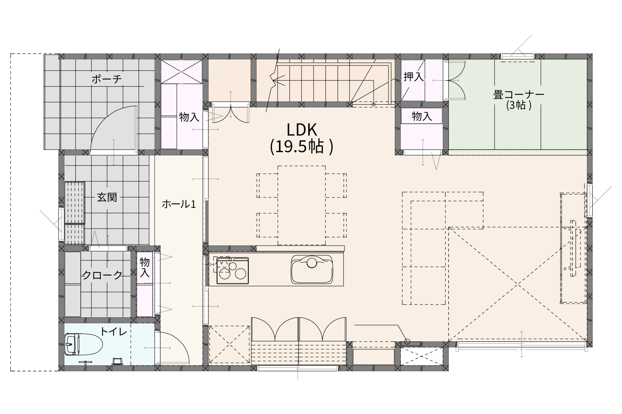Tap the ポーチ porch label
coord(106,79)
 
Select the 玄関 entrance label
coord(107,197)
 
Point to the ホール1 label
coord(179,204)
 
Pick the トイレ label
coord(114,332)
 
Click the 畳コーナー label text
coord(518,95)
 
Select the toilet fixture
coord(84,344)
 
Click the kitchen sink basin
coord(312,269)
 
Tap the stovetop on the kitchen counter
coord(232,271)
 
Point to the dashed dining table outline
coord(301,205)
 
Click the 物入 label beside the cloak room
coord(145,267)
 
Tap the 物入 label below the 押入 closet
coord(422,116)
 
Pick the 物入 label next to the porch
coord(189,117)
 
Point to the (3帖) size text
coord(518,105)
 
